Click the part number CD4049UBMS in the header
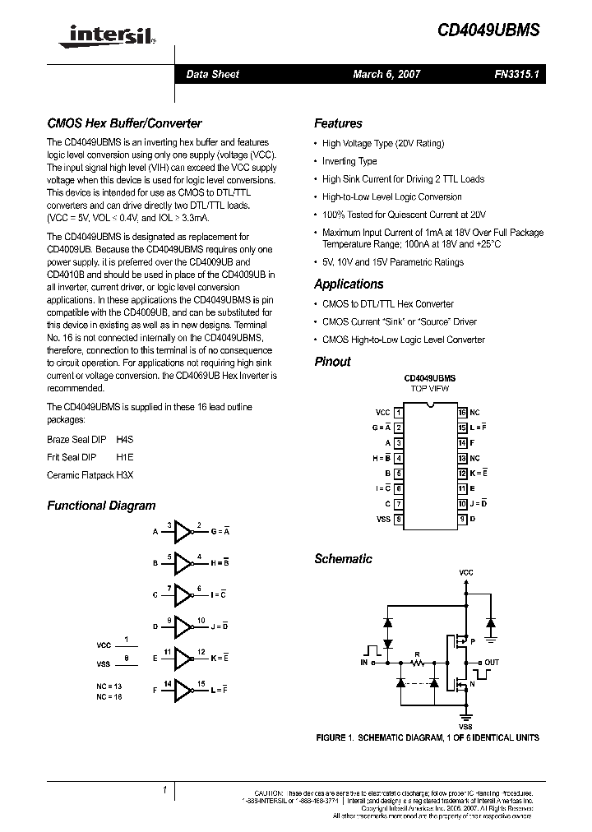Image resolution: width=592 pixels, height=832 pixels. point(488,30)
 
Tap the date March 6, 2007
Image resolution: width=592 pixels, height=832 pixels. point(386,74)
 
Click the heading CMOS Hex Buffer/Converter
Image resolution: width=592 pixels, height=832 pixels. point(124,123)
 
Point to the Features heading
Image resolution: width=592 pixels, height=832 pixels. point(338,123)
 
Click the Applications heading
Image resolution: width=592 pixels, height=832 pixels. point(349,284)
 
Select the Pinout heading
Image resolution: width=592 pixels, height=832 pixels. point(332,361)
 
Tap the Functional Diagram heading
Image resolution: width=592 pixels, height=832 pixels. point(101,506)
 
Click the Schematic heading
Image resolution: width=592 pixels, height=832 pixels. point(343,558)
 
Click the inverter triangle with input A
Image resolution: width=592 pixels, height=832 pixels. point(182,532)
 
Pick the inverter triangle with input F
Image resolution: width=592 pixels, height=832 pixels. point(182,691)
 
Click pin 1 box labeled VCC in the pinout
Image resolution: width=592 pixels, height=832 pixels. point(398,412)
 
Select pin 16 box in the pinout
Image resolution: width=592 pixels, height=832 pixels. point(463,412)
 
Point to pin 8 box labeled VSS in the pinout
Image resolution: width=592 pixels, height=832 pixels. point(398,519)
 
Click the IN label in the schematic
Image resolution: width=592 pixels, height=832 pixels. point(364,661)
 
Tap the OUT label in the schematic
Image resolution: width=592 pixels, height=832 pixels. point(492,661)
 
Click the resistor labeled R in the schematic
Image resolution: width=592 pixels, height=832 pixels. point(417,660)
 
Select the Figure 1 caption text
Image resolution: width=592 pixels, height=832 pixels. point(428,737)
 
